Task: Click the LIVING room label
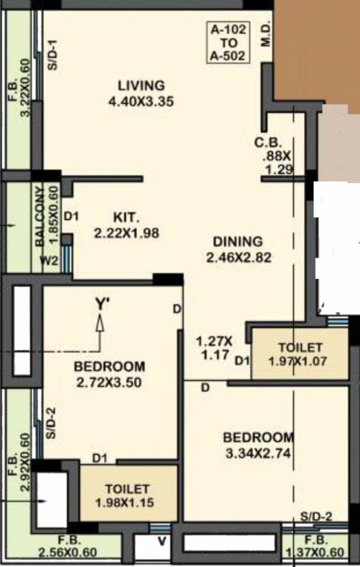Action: coord(140,86)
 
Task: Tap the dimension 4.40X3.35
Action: coord(140,103)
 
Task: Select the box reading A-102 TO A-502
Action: coord(229,42)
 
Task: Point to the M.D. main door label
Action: coord(266,35)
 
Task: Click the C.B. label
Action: coord(266,142)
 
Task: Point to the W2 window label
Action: coord(49,259)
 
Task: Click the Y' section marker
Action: coord(102,303)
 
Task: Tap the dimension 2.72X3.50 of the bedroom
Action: coord(108,382)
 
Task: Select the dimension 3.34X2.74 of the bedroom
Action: coord(258,453)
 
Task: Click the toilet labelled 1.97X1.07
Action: coord(300,354)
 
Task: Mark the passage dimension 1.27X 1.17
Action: coord(214,348)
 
